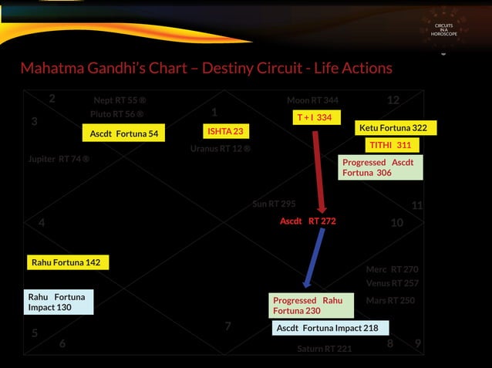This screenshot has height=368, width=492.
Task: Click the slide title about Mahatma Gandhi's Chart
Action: (x=206, y=69)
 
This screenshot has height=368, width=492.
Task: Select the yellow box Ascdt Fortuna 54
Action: (x=123, y=133)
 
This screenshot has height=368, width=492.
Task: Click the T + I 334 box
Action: (x=314, y=117)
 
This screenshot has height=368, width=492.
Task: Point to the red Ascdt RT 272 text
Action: (x=308, y=221)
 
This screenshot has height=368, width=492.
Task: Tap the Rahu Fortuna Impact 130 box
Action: (x=59, y=302)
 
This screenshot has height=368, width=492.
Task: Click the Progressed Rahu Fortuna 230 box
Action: (x=311, y=305)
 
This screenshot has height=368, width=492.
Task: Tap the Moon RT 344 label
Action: (x=312, y=100)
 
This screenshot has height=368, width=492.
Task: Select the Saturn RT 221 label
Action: (x=324, y=349)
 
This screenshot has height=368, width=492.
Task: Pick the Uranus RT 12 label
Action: (x=220, y=148)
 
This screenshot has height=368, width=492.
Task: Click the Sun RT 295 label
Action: (x=274, y=204)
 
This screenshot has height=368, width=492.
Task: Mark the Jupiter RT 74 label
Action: (x=59, y=159)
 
